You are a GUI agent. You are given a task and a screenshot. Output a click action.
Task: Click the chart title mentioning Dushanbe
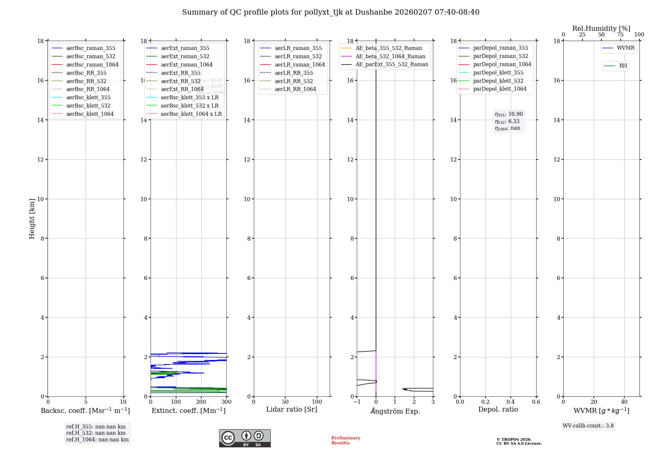[331, 12]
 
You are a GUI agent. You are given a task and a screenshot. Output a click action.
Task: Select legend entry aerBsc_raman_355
[91, 48]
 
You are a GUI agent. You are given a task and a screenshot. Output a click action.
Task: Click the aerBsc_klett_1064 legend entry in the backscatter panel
[90, 114]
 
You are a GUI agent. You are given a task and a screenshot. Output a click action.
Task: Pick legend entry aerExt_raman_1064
[187, 65]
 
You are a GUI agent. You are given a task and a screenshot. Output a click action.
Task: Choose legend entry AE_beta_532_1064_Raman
[390, 56]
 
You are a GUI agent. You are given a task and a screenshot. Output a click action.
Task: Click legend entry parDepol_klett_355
[498, 72]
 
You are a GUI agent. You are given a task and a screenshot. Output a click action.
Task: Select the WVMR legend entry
[626, 48]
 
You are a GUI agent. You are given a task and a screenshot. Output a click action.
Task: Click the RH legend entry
[623, 66]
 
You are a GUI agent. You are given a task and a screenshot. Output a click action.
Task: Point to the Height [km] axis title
[32, 218]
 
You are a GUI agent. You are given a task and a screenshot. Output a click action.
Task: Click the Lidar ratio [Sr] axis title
[292, 409]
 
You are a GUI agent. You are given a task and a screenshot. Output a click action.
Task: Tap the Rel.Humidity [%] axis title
[601, 28]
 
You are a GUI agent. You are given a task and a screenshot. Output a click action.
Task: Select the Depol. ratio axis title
[498, 409]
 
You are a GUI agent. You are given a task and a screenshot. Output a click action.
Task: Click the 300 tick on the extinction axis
[226, 402]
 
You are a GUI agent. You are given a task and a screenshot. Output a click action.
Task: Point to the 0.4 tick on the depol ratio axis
[511, 402]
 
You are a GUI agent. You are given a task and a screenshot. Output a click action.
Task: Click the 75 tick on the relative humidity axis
[620, 35]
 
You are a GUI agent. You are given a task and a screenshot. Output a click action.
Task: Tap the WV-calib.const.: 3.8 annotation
[588, 426]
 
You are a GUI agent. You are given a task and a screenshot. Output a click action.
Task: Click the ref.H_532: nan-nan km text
[96, 433]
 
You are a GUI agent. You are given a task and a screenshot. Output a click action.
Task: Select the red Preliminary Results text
[346, 440]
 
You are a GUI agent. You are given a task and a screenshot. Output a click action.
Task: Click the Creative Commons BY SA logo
[245, 438]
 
